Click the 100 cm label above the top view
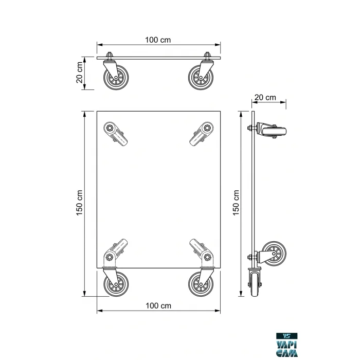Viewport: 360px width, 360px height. click(158, 40)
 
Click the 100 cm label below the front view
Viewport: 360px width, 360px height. click(158, 306)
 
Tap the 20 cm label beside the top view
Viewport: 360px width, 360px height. click(79, 73)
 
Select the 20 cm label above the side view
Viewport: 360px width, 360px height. click(265, 97)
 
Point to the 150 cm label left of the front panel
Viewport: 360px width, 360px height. click(79, 203)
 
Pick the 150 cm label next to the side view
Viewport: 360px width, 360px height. click(236, 203)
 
